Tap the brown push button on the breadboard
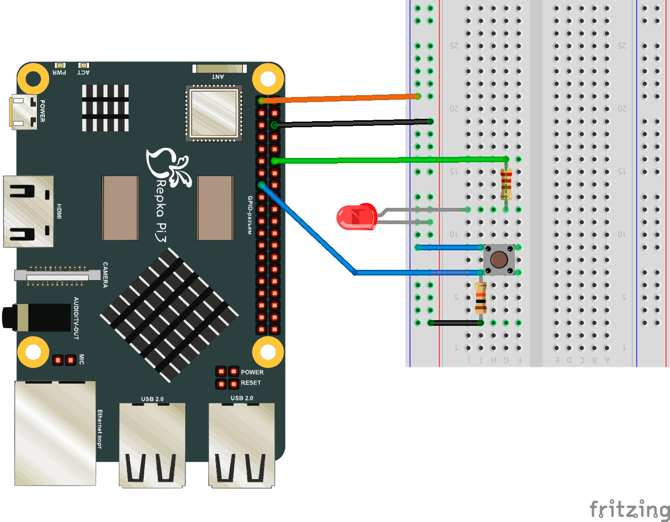[x=499, y=260]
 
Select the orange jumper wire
[x=341, y=98]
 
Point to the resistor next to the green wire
[x=506, y=184]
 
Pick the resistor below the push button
[x=481, y=298]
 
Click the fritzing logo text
[x=629, y=508]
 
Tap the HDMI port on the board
[x=28, y=211]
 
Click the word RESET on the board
[x=251, y=383]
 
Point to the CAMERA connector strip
[x=52, y=275]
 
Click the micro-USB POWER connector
[x=23, y=112]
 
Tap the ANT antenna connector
[x=219, y=69]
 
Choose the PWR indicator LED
[x=60, y=65]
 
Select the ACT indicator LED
[x=84, y=65]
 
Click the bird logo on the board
[x=168, y=165]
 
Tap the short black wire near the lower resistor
[x=455, y=323]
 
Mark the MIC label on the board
[x=82, y=359]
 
